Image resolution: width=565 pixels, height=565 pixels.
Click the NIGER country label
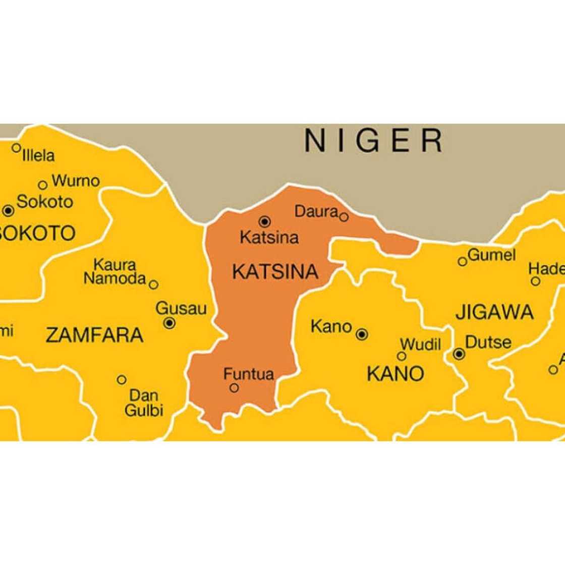[x=373, y=140]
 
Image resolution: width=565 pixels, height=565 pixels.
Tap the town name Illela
[x=38, y=155]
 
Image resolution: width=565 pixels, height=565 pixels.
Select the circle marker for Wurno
[x=43, y=185]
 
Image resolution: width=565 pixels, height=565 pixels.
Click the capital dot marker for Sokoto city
[x=8, y=210]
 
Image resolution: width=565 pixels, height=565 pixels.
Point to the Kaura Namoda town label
[x=115, y=271]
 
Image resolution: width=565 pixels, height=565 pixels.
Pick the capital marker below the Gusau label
[x=169, y=323]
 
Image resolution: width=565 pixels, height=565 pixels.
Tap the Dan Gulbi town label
[x=144, y=403]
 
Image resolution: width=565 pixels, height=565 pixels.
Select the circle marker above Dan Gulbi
[x=122, y=379]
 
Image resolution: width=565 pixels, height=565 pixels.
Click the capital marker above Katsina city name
[x=264, y=221]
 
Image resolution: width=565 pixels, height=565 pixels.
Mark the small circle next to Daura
[x=344, y=217]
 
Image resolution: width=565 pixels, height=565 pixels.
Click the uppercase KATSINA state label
[x=275, y=272]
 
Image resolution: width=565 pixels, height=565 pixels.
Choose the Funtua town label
[x=249, y=374]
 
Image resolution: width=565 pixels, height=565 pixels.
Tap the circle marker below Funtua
[x=234, y=388]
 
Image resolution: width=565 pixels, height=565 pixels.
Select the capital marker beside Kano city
[x=362, y=334]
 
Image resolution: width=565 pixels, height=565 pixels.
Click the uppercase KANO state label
[x=395, y=374]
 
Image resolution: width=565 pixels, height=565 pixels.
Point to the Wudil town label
[x=420, y=345]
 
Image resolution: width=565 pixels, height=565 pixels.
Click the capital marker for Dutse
[x=459, y=354]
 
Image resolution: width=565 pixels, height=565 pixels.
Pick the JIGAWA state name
[x=494, y=312]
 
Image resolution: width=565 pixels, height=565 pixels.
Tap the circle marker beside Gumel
[x=462, y=261]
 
